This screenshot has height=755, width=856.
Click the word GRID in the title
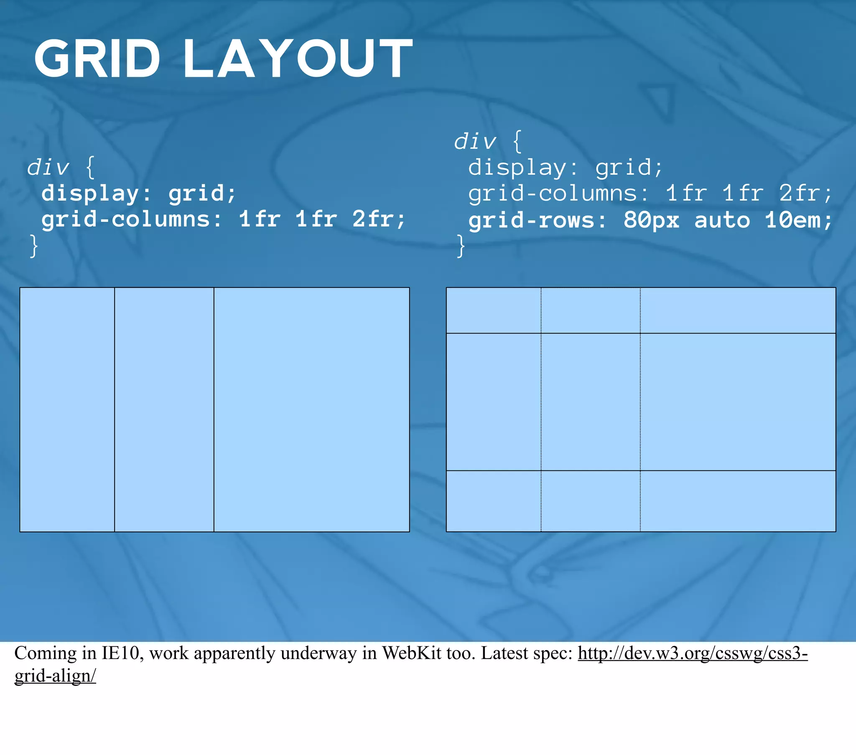[x=97, y=58]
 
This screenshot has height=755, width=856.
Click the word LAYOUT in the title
[x=298, y=58]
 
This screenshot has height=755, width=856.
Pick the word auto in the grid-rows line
[x=722, y=220]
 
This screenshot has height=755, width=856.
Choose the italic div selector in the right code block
[x=475, y=141]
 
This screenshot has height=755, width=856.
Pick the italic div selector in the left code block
[x=48, y=167]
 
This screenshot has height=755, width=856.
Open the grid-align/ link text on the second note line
[x=55, y=676]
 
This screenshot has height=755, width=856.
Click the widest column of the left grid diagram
[x=311, y=409]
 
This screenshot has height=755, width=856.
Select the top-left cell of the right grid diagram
[x=494, y=310]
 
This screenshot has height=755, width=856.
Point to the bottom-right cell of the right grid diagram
[x=738, y=501]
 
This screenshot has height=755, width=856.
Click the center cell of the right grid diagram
[x=591, y=402]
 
